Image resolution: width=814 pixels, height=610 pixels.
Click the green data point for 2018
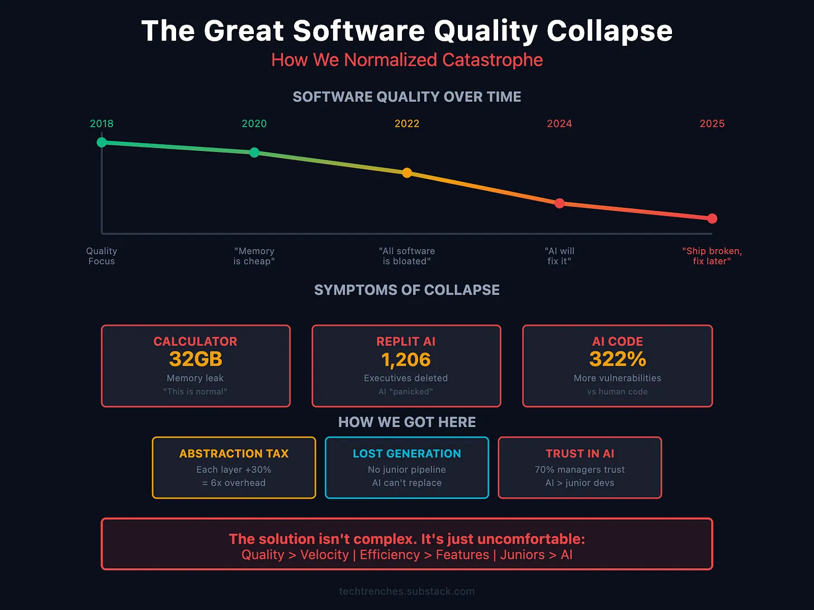pos(102,142)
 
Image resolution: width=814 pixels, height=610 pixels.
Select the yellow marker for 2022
pos(407,173)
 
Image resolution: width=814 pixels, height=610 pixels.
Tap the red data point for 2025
pos(712,218)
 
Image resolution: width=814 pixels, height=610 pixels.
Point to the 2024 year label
pos(559,123)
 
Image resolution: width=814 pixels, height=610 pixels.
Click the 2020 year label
pos(254,123)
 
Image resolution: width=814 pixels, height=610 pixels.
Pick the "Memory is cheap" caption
pos(254,256)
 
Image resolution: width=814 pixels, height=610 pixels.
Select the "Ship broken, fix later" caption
pos(712,256)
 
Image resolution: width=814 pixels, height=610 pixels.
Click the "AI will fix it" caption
pos(559,256)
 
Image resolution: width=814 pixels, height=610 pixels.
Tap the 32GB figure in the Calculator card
pos(196,359)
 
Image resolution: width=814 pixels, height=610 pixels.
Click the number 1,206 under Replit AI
pos(406,360)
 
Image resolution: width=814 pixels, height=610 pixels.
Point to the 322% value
pos(617,359)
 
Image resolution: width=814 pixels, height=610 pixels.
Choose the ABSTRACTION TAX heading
pos(234,454)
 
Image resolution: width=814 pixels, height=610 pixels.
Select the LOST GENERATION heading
pos(407,454)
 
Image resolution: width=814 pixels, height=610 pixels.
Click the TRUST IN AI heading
pos(580,454)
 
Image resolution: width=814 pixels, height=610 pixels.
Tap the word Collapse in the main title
pos(609,31)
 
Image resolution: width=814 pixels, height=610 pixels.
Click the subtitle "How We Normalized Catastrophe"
pos(407,60)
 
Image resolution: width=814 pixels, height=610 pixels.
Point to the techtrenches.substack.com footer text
pos(407,591)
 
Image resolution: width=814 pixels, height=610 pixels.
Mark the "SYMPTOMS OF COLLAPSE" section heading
pos(407,290)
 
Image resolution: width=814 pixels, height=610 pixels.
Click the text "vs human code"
pos(617,392)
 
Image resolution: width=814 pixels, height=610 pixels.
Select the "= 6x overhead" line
pos(234,483)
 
